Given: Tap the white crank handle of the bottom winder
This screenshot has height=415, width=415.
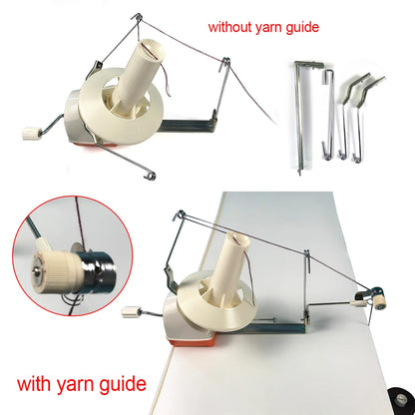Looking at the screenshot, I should click(x=132, y=312).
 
